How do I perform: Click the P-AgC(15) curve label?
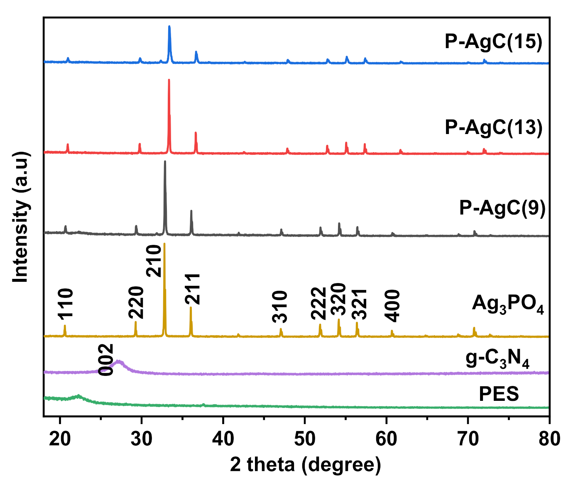(x=493, y=42)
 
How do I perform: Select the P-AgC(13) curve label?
(x=493, y=127)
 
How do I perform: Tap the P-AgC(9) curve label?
(x=502, y=208)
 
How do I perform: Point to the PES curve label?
(x=499, y=393)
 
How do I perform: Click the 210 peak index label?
(x=154, y=261)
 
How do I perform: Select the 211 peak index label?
(x=193, y=289)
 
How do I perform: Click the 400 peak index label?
(x=392, y=306)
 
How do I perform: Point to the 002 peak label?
(x=106, y=360)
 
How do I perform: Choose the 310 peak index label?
(x=280, y=307)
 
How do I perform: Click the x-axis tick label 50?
(x=305, y=439)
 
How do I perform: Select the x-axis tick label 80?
(x=549, y=439)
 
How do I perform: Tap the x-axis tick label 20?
(x=60, y=439)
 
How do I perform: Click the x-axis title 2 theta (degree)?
(x=305, y=464)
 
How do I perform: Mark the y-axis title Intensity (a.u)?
(x=21, y=217)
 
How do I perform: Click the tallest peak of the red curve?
(x=169, y=80)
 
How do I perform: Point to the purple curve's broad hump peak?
(x=119, y=362)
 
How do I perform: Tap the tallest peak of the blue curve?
(x=169, y=27)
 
